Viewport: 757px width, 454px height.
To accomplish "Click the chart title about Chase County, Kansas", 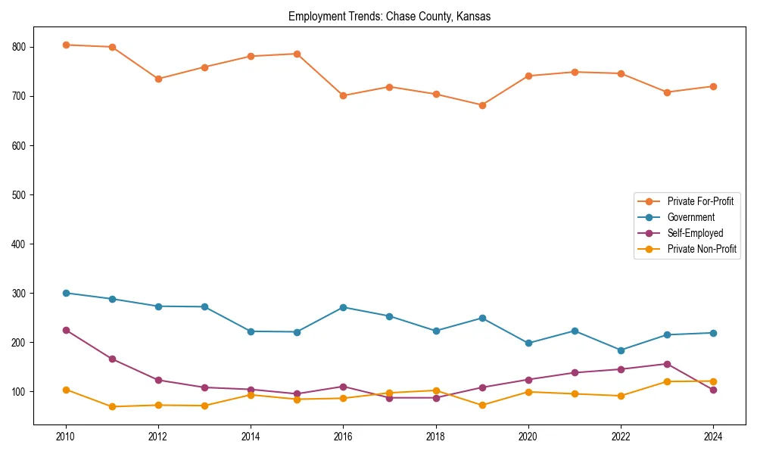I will click(389, 17).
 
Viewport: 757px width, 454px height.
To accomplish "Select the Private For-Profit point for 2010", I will click(66, 45).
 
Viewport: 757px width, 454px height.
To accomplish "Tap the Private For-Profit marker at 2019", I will click(482, 105).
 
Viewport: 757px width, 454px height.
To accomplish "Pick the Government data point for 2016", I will click(344, 307).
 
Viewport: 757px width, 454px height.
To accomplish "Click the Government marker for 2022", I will click(621, 350).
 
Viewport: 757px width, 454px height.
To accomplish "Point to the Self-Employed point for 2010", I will click(66, 330).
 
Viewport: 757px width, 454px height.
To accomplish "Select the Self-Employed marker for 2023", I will click(667, 364).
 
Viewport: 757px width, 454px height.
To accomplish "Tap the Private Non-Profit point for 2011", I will click(112, 406).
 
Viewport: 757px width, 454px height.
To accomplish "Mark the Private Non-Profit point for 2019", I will click(482, 405).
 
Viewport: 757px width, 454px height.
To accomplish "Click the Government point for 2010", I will click(66, 293).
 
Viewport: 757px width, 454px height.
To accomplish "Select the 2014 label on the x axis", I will click(251, 437).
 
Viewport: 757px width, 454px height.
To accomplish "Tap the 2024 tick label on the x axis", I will click(713, 437).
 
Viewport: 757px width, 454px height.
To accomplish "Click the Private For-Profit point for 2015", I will click(297, 54).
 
